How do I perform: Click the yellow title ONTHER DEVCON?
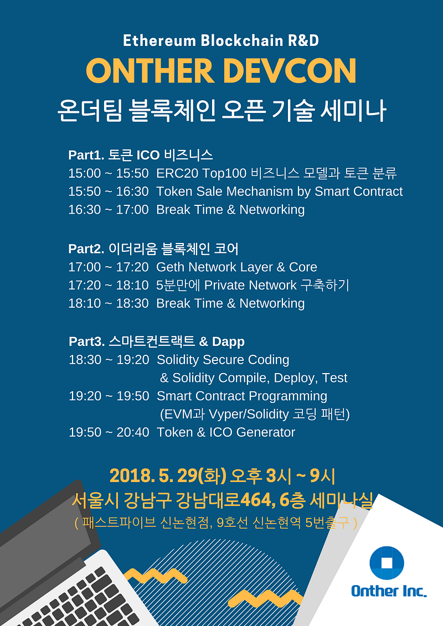221,71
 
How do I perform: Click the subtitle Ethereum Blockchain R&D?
221,40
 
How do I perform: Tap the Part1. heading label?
85,155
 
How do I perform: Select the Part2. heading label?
86,249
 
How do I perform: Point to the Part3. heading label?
86,342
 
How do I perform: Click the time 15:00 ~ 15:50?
109,173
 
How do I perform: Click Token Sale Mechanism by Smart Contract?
280,192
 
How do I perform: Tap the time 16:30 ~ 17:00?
109,210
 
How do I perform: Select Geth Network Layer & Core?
237,267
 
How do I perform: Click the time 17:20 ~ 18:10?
109,285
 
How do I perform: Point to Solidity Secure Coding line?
223,360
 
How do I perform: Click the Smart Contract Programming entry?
242,396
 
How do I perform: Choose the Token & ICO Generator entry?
226,432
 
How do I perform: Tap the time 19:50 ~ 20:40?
109,432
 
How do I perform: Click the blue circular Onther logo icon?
387,563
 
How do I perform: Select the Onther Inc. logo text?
389,591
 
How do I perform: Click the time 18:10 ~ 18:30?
109,303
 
